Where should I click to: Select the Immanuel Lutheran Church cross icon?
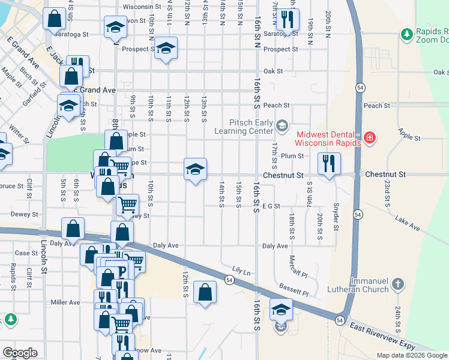pyautogui.click(x=401, y=281)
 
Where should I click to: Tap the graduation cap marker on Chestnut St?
pyautogui.click(x=195, y=170)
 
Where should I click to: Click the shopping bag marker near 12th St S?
pyautogui.click(x=205, y=293)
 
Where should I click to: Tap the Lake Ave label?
pyautogui.click(x=408, y=223)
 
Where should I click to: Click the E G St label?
pyautogui.click(x=271, y=206)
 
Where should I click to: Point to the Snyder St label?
pyautogui.click(x=336, y=219)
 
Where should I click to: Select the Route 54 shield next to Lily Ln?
pyautogui.click(x=229, y=280)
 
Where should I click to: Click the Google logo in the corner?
pyautogui.click(x=20, y=353)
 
